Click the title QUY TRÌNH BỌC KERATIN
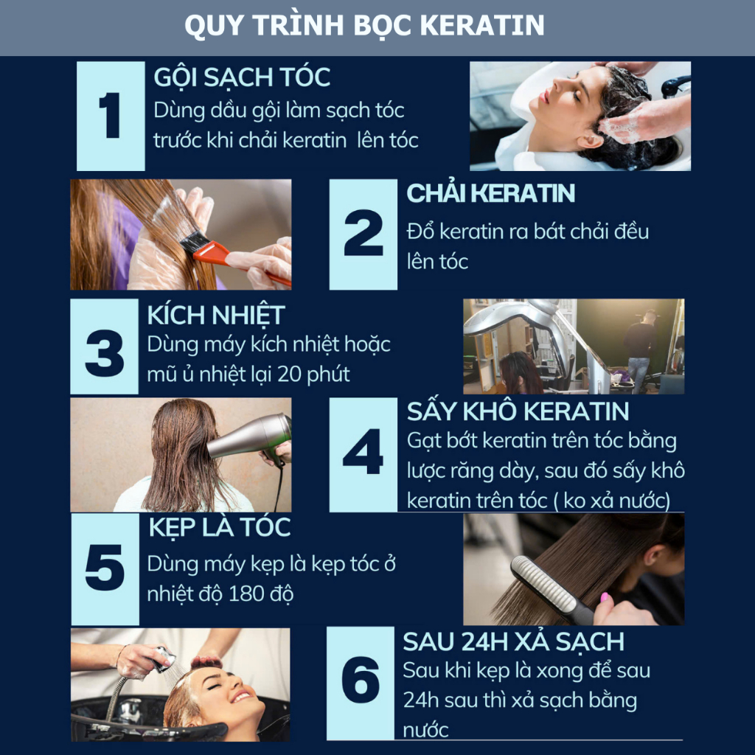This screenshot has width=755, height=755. coord(364,25)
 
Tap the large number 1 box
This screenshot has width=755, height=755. coord(111,116)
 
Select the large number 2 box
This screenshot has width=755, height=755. coord(363,234)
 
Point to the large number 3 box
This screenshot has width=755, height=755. coord(104,347)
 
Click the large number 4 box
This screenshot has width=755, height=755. coord(363,454)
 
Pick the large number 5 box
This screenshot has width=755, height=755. coord(105,569)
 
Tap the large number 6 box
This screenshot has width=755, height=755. coord(360,683)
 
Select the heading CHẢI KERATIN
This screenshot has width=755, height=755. coord(490,194)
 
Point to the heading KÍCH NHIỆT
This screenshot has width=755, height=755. coord(216,316)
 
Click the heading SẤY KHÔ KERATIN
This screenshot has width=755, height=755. coord(518,411)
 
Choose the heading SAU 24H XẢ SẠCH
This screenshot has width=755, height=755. coord(514,642)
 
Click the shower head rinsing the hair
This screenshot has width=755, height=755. coord(164,658)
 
